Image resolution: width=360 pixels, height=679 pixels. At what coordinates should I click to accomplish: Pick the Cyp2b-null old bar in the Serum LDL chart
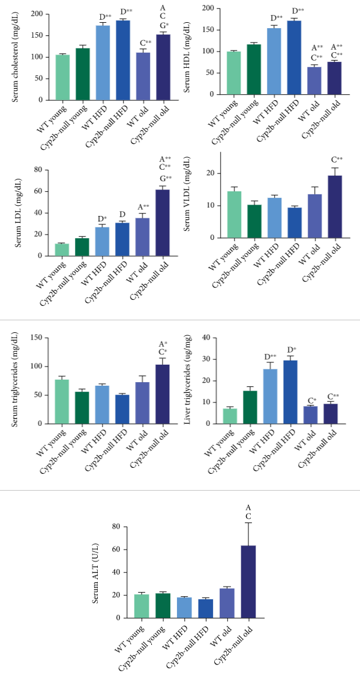point(162,223)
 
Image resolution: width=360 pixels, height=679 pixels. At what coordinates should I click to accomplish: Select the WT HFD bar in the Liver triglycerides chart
point(271,396)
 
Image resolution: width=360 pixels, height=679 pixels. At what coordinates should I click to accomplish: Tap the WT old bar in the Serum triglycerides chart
point(142,402)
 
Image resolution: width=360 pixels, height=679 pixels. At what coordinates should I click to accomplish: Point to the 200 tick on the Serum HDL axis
point(194,8)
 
